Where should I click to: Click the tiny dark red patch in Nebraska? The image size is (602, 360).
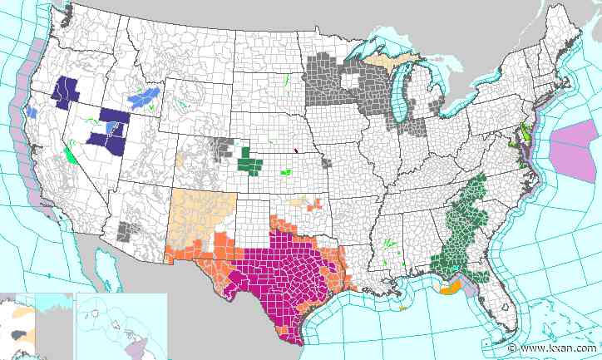click(x=295, y=151)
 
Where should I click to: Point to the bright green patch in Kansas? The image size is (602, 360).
click(x=287, y=172)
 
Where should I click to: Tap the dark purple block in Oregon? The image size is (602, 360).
click(x=66, y=91)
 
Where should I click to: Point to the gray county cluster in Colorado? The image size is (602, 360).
click(x=222, y=148)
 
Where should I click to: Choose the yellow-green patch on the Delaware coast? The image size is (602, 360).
click(x=525, y=133)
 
